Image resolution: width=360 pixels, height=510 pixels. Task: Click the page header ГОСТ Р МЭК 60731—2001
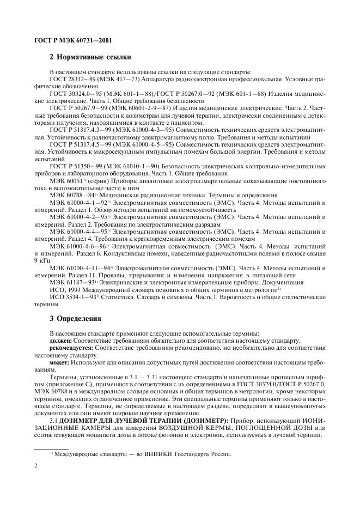coord(63,41)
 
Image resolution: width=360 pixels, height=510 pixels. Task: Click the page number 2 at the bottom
coord(35,466)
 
